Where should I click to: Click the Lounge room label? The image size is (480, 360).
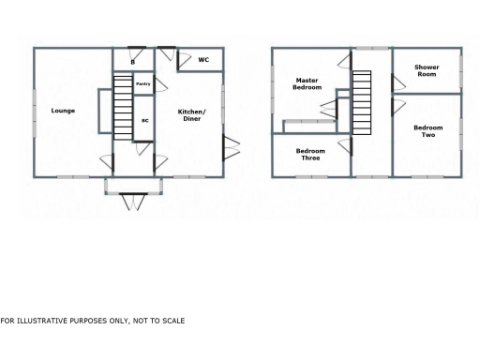point(63,111)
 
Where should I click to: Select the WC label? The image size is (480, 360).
point(202,60)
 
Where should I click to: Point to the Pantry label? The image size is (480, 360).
point(142,84)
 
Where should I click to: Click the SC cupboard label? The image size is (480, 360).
point(144,121)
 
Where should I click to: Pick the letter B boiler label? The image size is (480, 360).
point(132,62)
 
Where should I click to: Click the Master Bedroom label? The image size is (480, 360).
point(307,83)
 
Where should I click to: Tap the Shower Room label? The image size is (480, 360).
point(427,70)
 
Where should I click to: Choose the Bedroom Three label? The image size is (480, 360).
point(310,155)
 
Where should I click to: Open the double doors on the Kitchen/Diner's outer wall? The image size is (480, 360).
point(231,147)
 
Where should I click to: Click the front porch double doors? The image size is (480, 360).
point(132,199)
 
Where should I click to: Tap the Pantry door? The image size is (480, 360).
point(158,85)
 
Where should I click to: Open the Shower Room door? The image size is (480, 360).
point(397,82)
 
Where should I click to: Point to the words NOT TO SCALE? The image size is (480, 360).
point(158,321)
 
